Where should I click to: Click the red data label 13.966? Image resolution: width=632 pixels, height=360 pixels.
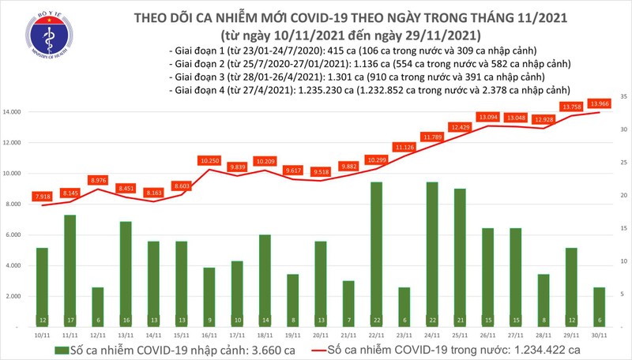(599, 103)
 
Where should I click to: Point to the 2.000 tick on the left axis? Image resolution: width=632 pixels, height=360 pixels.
(14, 296)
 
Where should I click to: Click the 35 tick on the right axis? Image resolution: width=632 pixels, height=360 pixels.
(623, 96)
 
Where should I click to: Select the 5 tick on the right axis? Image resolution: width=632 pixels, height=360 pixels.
(623, 294)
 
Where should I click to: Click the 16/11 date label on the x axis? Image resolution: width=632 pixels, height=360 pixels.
(209, 334)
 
